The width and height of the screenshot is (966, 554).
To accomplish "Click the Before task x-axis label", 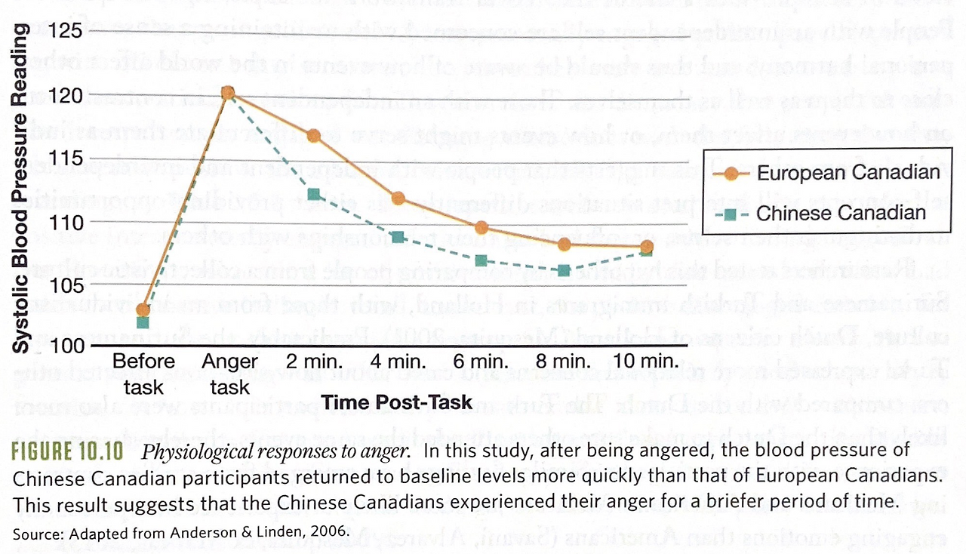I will (x=143, y=373).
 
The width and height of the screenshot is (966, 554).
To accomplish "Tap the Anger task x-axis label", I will (x=229, y=373).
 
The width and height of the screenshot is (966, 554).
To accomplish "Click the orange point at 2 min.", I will (x=313, y=136).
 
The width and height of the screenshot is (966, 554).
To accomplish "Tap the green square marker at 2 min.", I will (x=314, y=195).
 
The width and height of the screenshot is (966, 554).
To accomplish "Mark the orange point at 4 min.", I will (x=398, y=199).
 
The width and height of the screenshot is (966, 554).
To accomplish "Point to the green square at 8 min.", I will (x=563, y=269).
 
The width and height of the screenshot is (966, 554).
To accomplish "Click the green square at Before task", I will (x=143, y=322).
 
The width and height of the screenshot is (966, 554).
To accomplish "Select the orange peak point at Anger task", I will (x=228, y=93).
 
